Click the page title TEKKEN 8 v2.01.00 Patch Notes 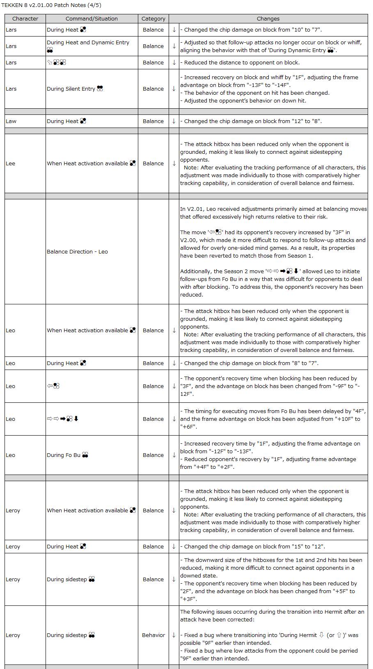(51, 5)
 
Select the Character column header (25, 19)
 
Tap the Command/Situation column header (92, 19)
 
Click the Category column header (153, 19)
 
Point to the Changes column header (268, 19)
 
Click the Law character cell (11, 121)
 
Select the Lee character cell (10, 164)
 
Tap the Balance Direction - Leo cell (77, 252)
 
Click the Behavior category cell (153, 635)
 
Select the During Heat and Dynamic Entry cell (88, 43)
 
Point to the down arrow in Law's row (174, 121)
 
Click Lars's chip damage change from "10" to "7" (252, 30)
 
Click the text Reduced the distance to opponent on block (242, 63)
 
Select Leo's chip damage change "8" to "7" (251, 363)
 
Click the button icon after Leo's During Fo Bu (85, 455)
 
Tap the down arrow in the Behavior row (174, 635)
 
